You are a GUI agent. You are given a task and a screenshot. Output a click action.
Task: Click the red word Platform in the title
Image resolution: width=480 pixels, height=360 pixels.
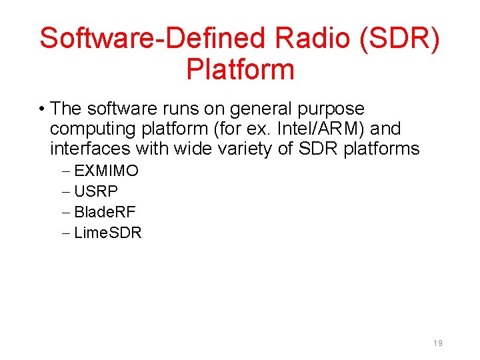(x=240, y=69)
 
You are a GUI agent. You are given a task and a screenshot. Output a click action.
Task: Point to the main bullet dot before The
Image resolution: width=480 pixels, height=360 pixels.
(x=42, y=109)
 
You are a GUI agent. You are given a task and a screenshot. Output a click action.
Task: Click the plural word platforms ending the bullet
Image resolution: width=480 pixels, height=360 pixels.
(x=381, y=149)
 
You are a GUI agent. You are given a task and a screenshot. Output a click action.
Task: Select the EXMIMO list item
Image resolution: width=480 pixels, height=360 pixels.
(x=107, y=171)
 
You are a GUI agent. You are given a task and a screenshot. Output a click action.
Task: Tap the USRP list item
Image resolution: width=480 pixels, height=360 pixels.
(x=96, y=192)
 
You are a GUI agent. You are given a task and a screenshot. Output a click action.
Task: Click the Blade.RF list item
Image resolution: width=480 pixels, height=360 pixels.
(x=105, y=213)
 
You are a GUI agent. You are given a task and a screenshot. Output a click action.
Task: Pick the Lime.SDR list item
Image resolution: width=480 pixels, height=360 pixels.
(x=108, y=233)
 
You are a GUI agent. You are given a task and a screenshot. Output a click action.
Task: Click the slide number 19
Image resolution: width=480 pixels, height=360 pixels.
(x=437, y=343)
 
